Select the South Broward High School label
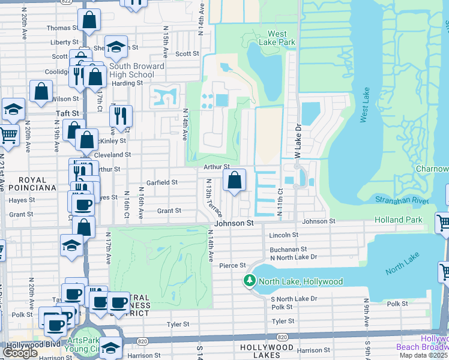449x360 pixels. tap(136, 70)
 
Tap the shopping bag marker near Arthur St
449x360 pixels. tap(235, 179)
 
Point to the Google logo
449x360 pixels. tap(20, 353)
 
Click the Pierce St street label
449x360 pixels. tap(233, 265)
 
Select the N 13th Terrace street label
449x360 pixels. tap(214, 198)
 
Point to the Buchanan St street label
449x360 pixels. tap(288, 248)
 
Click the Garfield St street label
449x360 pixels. tap(162, 182)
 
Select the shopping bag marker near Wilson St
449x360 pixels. tap(41, 92)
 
